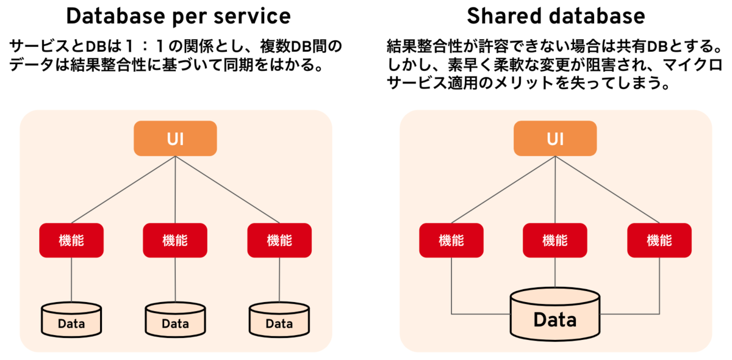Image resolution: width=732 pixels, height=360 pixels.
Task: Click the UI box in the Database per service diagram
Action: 175,139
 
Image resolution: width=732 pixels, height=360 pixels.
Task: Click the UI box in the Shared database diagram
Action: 555,139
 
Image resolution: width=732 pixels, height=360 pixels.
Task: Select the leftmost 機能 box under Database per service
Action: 71,240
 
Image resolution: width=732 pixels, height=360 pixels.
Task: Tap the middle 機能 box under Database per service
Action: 175,240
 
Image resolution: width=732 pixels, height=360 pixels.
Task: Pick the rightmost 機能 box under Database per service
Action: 279,240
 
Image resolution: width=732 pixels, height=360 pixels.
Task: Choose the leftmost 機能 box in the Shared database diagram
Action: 451,240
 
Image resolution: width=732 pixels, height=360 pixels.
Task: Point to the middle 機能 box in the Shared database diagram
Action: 555,240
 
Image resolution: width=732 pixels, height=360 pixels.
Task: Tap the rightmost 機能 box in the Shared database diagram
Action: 659,240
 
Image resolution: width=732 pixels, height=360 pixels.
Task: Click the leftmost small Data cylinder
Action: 71,320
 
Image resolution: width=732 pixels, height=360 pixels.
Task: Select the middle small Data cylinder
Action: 175,320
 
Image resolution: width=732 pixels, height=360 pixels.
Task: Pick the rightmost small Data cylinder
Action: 279,320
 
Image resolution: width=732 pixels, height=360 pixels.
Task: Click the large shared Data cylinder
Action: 555,314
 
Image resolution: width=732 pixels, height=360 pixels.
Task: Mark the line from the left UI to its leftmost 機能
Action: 123,190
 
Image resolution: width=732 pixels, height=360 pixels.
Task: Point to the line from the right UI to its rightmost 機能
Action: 607,190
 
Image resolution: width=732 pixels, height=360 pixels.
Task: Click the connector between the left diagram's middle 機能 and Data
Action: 175,279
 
